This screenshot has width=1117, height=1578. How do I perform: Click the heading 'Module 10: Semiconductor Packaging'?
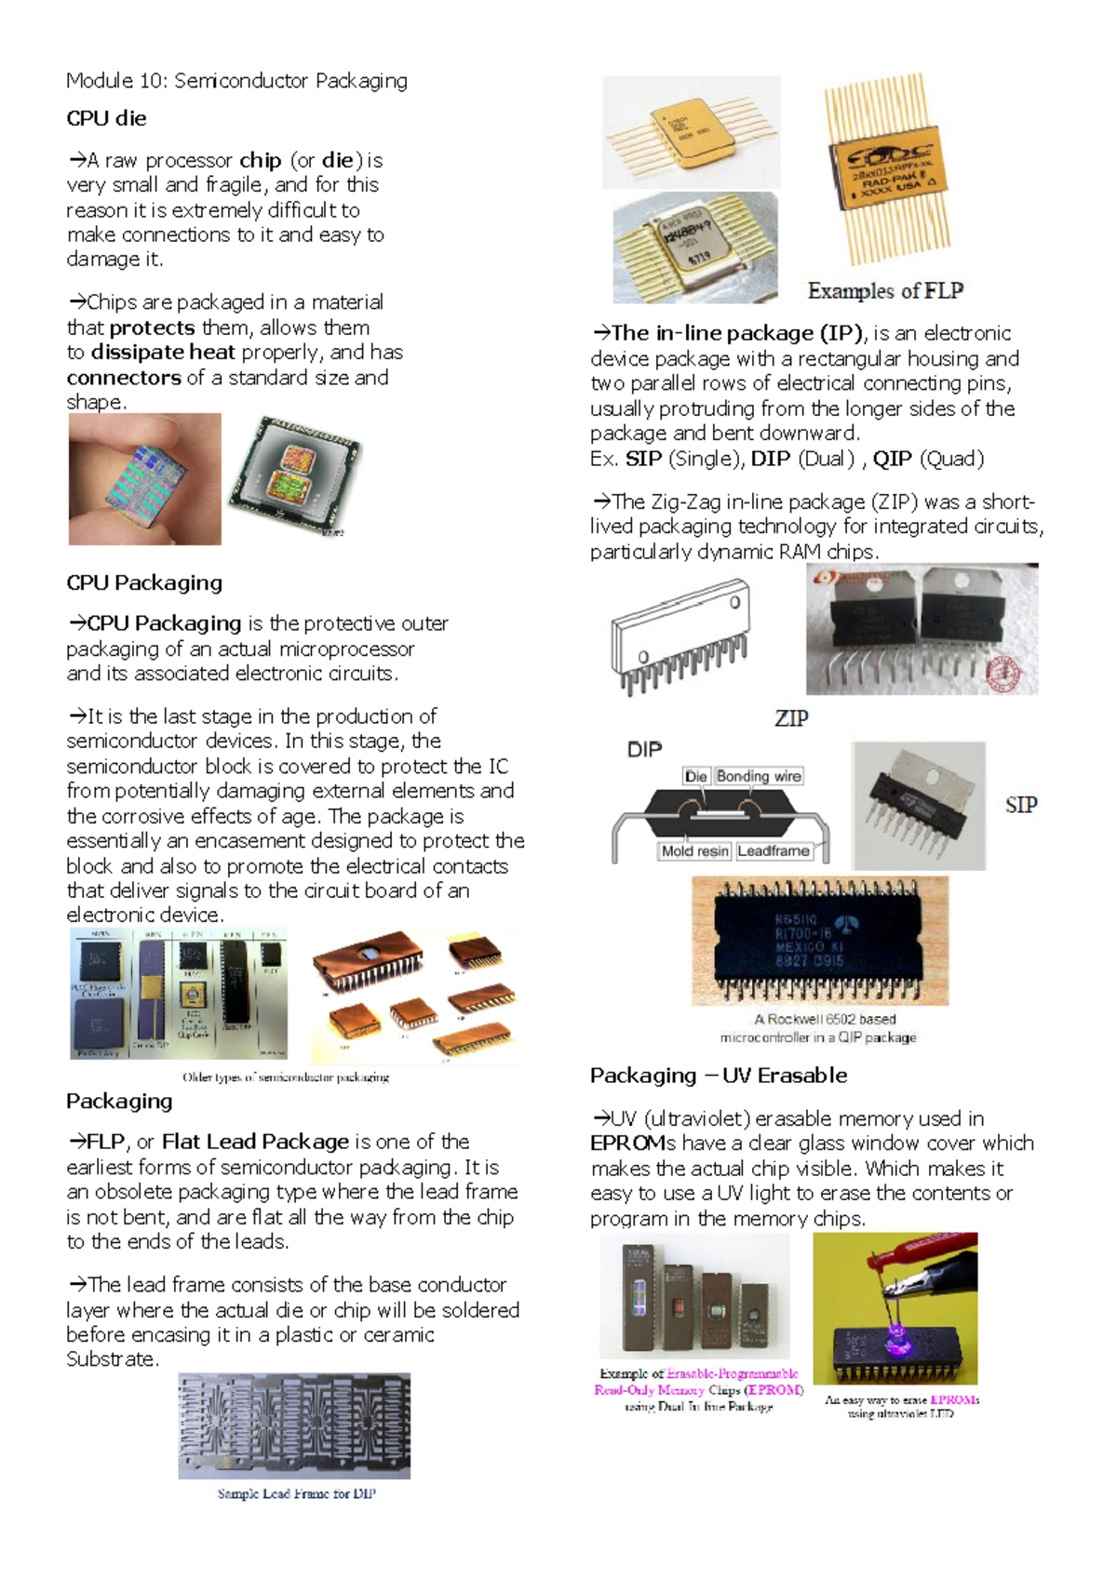point(236,81)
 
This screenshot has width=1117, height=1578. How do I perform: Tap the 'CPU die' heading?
point(106,118)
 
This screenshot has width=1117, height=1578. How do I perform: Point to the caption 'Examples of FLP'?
point(884,291)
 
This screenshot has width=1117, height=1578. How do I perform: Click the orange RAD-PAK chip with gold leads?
point(888,167)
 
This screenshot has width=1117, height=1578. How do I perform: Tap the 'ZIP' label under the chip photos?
point(791,718)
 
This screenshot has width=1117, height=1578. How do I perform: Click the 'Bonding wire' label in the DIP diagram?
point(759,776)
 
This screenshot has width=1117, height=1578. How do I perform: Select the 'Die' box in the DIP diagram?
point(695,776)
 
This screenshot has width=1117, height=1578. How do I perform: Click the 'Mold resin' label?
point(694,850)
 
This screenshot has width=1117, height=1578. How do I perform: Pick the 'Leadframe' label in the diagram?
point(773,850)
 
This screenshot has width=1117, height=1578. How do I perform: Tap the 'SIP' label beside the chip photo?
point(1020,805)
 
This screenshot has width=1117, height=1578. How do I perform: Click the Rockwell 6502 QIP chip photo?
point(819,940)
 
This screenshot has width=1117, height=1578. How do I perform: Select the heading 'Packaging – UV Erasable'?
point(718,1076)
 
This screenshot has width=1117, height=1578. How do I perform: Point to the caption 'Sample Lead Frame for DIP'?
point(296,1493)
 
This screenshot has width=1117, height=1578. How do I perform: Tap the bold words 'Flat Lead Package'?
point(255,1142)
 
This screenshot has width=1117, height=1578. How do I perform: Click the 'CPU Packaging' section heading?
point(144,582)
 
